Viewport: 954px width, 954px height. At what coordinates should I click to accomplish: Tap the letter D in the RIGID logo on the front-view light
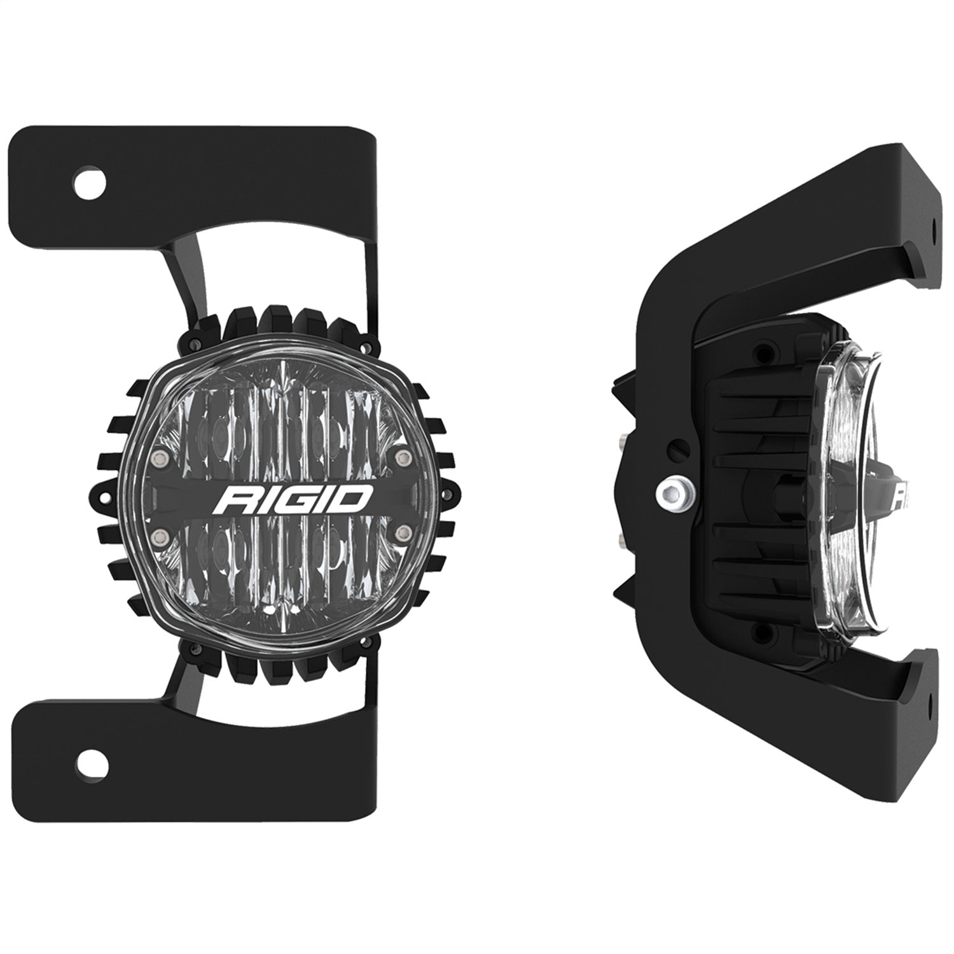(x=354, y=497)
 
